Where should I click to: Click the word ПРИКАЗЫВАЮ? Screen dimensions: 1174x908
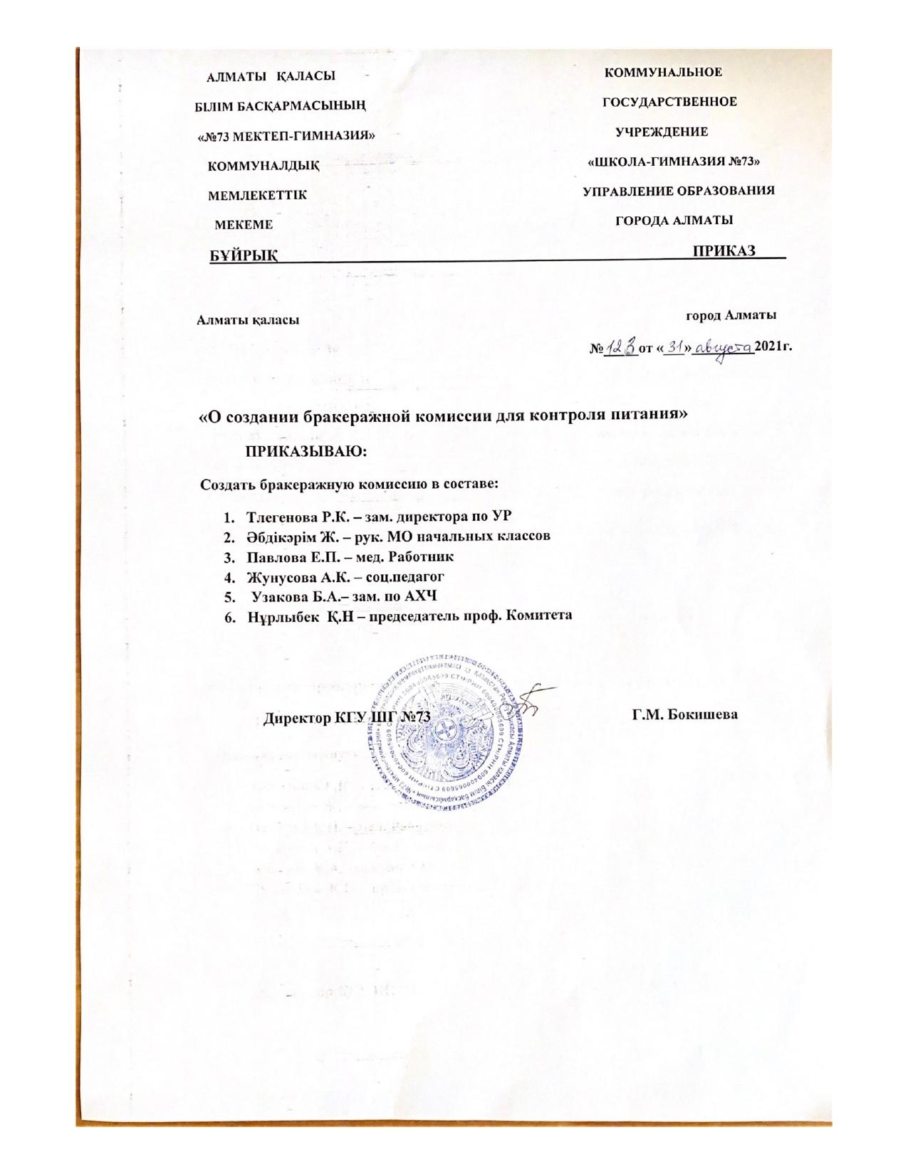307,452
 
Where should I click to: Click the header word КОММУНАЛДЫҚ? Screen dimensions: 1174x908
263,166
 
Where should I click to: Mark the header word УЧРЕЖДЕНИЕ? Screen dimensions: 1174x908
662,132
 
